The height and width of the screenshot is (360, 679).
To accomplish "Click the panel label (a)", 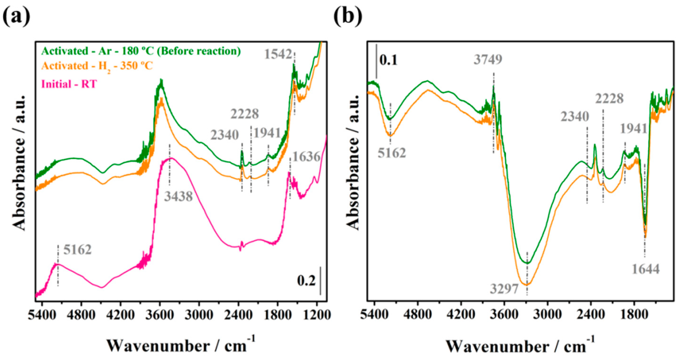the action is point(16,16).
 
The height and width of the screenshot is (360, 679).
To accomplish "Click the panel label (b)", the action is point(348,16).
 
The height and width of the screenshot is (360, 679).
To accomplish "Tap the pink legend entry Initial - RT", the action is point(69,84).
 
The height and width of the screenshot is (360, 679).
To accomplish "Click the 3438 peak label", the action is point(178,197).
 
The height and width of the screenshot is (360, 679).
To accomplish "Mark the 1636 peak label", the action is point(306,157).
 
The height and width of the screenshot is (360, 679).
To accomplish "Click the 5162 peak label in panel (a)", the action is point(78,250).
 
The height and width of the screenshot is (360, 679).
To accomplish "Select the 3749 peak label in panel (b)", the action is point(488,60).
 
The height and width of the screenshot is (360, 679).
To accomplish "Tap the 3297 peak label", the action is point(504,289).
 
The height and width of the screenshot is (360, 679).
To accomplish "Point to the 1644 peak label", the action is point(646,269).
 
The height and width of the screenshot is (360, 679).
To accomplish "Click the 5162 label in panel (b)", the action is point(392,153).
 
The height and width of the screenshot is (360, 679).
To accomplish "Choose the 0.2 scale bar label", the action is point(306,281).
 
